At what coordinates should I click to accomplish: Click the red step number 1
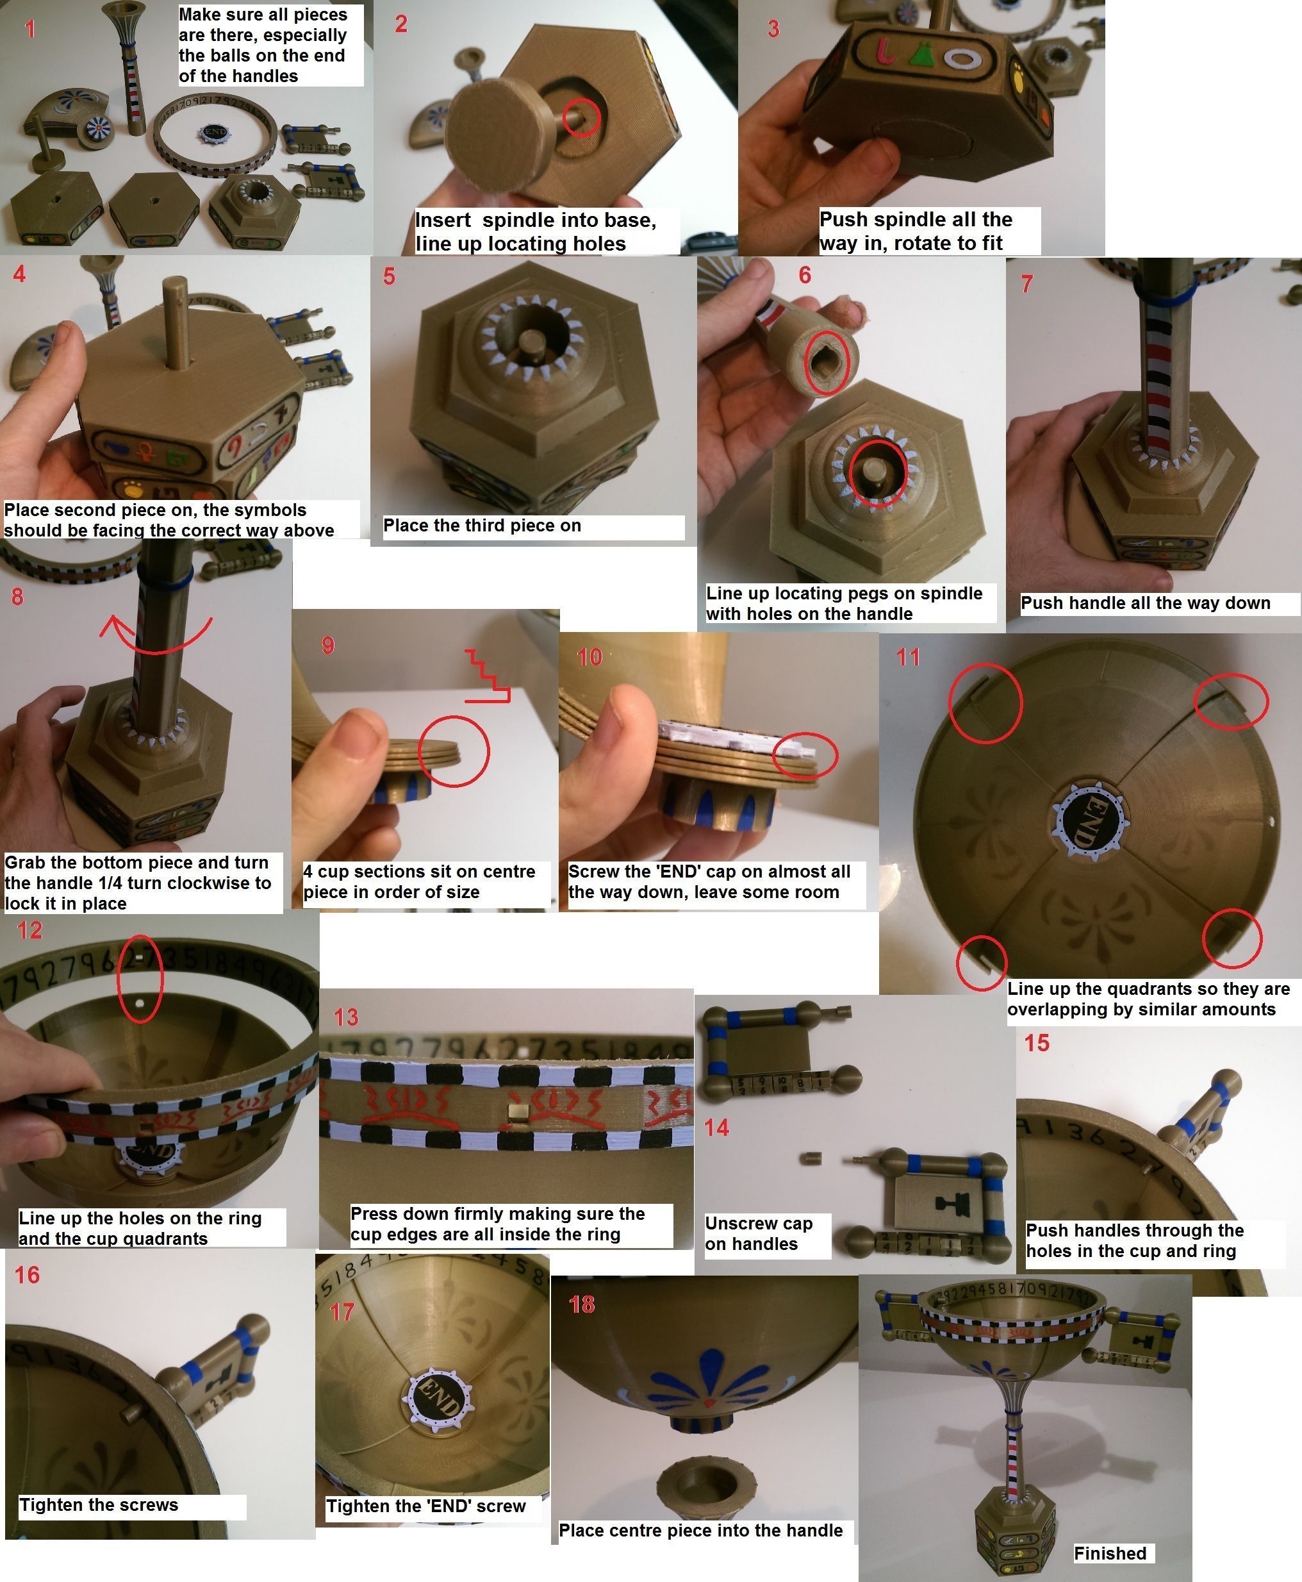[29, 29]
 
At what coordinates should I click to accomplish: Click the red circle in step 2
[581, 117]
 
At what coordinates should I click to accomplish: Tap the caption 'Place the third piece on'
[482, 525]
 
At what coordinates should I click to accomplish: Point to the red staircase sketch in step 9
[488, 675]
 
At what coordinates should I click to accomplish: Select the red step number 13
[346, 1017]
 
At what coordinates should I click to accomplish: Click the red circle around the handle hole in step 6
[827, 362]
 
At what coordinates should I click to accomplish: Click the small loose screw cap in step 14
[815, 1158]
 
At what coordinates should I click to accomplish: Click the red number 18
[581, 1304]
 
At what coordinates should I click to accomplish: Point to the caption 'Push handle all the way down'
[1145, 603]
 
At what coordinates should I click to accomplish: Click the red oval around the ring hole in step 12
[140, 978]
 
